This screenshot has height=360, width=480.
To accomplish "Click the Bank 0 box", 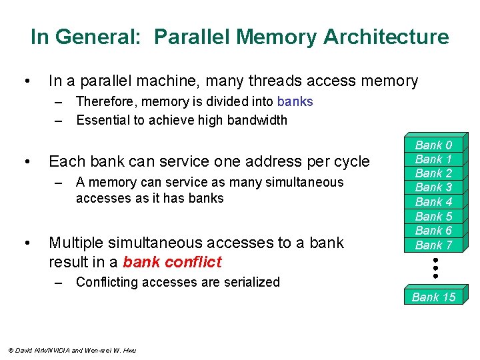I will click(433, 145).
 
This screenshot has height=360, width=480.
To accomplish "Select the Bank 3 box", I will click(433, 187).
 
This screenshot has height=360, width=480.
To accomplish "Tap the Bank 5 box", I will click(433, 216).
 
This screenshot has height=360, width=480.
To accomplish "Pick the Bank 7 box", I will click(433, 245).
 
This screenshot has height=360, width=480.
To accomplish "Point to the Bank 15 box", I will click(433, 297).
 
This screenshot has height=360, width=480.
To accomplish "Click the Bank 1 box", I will click(433, 159).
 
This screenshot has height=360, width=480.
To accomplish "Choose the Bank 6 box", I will click(433, 230).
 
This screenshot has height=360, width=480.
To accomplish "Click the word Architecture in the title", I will click(386, 37).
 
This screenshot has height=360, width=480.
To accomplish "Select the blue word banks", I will click(295, 101).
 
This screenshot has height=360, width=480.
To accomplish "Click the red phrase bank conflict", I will click(172, 261).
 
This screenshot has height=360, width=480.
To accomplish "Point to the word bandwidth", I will click(256, 120).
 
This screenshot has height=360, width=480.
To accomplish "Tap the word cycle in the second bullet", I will click(351, 162).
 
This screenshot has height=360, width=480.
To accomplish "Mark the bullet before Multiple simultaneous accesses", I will click(25, 243).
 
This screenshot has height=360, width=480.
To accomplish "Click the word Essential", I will click(103, 120).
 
